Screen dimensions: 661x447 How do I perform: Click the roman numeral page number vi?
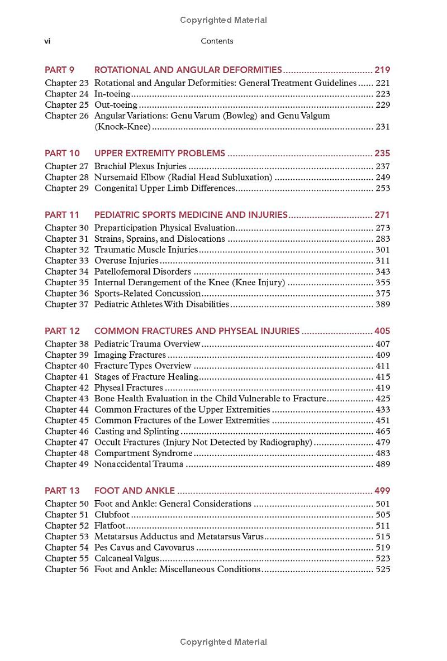tap(48, 41)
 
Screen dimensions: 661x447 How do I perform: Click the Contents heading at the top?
tap(217, 41)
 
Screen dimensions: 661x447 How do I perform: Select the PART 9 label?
tap(60, 70)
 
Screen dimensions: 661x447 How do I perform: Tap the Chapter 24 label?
tap(66, 94)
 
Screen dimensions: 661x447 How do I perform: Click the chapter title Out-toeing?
tap(116, 105)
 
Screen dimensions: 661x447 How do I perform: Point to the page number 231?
tap(383, 127)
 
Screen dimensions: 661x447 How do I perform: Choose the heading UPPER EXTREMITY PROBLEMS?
tap(160, 154)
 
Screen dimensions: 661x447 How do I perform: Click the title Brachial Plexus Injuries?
tap(140, 166)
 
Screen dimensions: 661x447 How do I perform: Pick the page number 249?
tap(383, 178)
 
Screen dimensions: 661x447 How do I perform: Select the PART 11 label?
tap(62, 215)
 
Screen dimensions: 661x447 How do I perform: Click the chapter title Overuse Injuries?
tap(126, 261)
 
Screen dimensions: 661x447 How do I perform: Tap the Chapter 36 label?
tap(66, 294)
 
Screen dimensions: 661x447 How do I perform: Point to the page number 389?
tap(383, 304)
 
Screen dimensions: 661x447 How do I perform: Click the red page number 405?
tap(382, 331)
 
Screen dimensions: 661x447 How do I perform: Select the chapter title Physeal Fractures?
tap(129, 388)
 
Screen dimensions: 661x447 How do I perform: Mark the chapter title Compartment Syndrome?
tap(143, 453)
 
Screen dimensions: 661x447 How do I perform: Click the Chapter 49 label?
tap(66, 464)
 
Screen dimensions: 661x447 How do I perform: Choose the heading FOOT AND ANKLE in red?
tap(135, 491)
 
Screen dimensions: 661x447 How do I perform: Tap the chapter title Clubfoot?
tap(112, 515)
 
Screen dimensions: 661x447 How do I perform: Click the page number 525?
tap(383, 569)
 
